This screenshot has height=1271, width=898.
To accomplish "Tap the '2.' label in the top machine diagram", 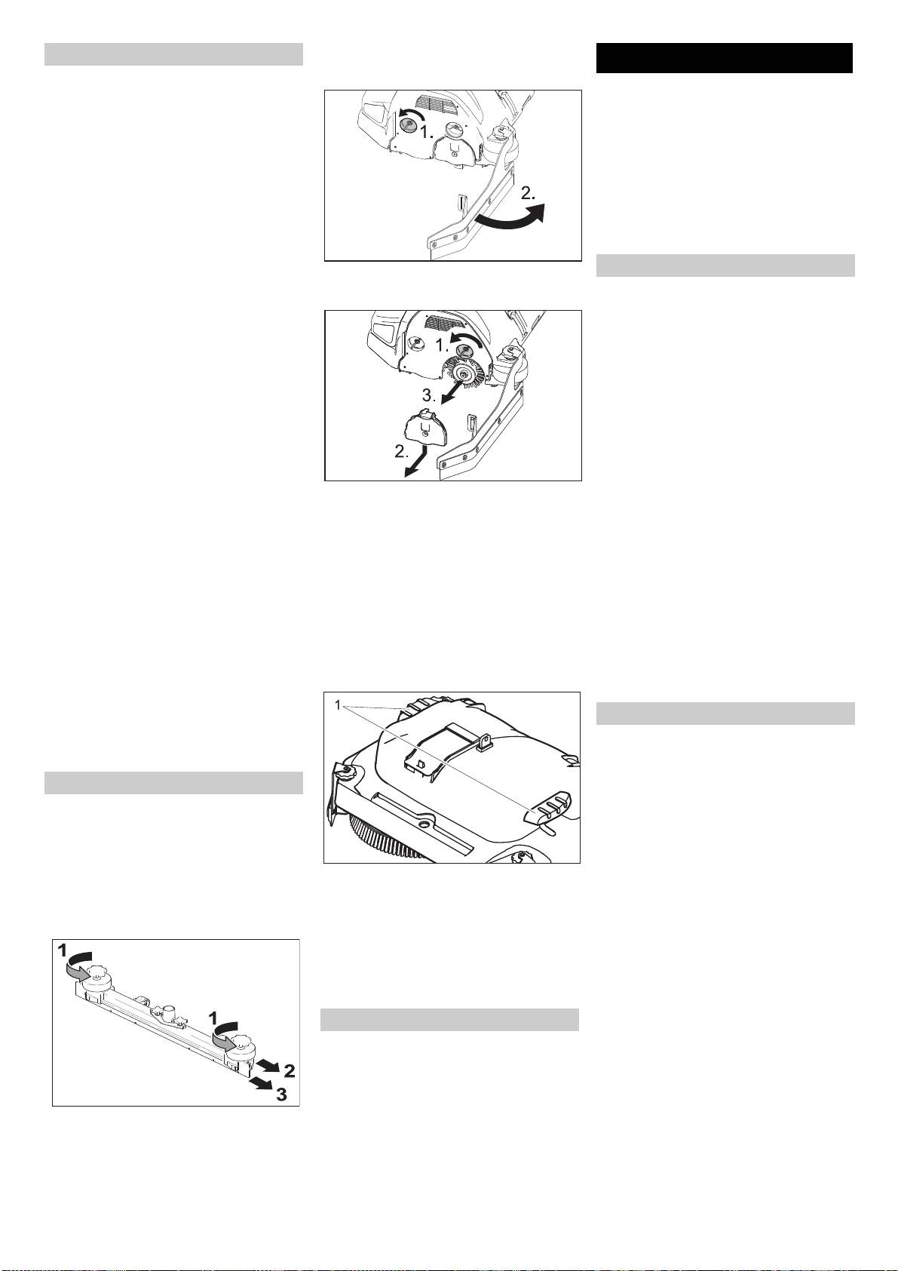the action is [x=528, y=194].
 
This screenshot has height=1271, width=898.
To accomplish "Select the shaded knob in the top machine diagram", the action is [x=406, y=122].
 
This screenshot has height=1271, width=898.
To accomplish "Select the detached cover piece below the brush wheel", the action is [x=426, y=427].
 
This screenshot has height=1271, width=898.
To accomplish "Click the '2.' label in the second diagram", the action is [x=402, y=453].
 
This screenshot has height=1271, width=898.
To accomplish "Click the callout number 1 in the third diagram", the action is [x=337, y=706].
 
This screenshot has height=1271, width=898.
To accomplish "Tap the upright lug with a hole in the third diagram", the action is [x=484, y=741].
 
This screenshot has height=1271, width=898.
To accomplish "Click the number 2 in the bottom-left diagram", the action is [x=289, y=1071].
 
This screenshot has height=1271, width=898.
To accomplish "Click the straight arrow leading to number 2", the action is [x=268, y=1063].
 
